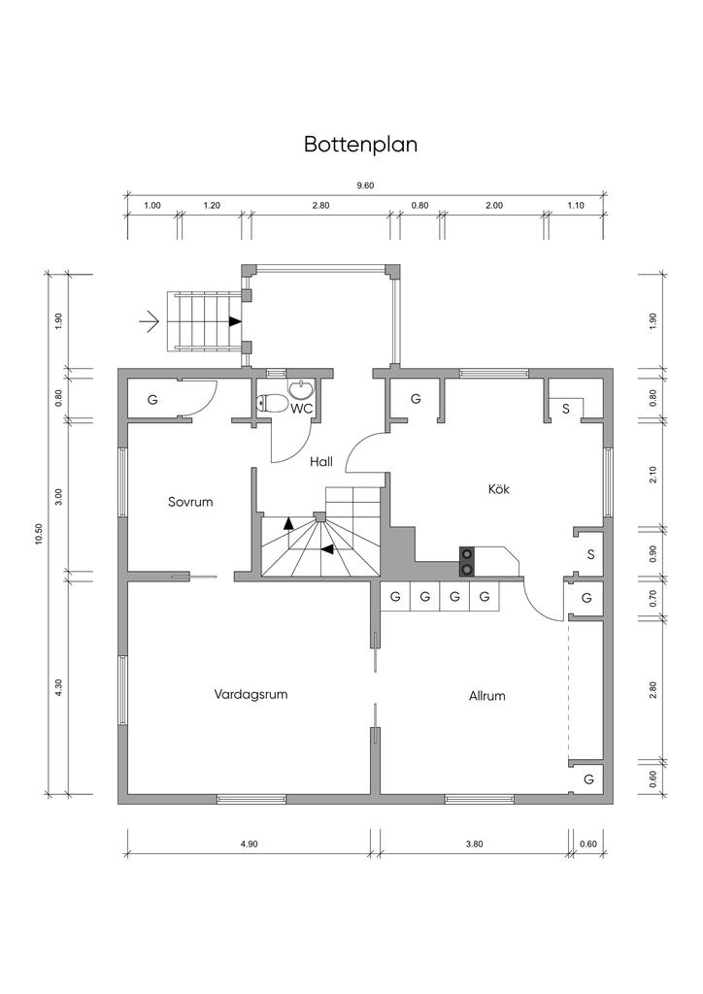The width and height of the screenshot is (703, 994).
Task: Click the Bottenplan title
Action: click(x=360, y=145)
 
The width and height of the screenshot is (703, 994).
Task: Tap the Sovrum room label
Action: click(x=189, y=502)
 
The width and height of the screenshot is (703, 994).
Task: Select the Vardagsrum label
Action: click(x=251, y=694)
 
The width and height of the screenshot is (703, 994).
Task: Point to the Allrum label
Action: click(x=486, y=696)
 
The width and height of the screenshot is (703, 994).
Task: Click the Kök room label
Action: click(x=498, y=489)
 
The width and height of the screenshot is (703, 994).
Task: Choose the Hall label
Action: click(x=321, y=462)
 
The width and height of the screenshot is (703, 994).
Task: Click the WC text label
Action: click(x=301, y=409)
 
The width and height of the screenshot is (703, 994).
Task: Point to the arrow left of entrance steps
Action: click(x=149, y=320)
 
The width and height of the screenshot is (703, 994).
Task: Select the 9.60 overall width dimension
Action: click(x=365, y=185)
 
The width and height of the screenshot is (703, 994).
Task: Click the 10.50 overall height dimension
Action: click(x=39, y=535)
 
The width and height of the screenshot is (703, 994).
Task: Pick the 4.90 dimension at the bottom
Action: click(x=250, y=844)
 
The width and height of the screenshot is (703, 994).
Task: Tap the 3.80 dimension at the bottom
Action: click(x=474, y=844)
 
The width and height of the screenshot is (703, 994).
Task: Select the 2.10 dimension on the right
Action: click(x=653, y=475)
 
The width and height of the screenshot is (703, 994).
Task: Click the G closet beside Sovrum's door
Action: click(x=152, y=400)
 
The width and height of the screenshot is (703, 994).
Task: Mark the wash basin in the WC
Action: click(x=301, y=389)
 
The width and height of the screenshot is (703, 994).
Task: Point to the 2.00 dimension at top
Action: click(x=493, y=205)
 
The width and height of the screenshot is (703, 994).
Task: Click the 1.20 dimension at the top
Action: click(x=212, y=205)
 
